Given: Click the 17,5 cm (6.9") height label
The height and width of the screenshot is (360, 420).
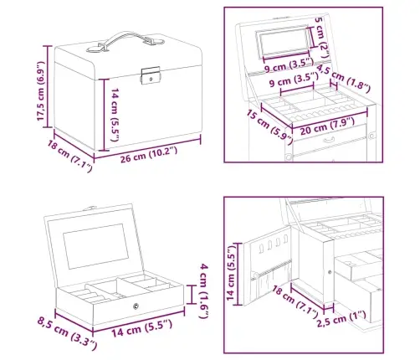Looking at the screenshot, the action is click(41, 91).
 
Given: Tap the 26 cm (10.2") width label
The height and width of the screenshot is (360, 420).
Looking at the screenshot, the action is click(149, 155).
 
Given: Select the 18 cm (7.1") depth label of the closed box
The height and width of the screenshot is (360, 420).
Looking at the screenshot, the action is click(69, 156).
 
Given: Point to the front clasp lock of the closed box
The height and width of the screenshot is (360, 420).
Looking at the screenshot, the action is click(151, 75).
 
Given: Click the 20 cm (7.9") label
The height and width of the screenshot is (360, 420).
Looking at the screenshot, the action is click(327, 126).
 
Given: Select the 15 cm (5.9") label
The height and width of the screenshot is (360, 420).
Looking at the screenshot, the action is click(269, 126).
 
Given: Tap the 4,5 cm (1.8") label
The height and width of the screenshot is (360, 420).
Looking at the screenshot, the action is click(344, 79).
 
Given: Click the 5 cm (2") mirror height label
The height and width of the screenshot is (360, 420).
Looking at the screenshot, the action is click(323, 39).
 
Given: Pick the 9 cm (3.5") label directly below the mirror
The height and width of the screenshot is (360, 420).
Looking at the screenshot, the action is click(289, 65).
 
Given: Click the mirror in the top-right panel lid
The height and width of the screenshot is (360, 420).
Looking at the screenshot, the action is click(284, 42).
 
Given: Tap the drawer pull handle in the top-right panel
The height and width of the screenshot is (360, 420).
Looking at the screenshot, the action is click(330, 139).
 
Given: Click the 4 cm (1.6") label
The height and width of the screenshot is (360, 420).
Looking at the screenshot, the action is click(204, 291).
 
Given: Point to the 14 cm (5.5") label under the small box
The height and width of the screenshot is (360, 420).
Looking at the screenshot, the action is click(142, 328).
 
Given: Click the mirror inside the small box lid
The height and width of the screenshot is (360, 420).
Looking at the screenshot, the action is click(96, 246).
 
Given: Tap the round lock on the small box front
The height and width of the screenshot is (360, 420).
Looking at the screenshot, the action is click(136, 306).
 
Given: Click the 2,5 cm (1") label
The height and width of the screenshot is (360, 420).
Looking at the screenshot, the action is click(341, 319).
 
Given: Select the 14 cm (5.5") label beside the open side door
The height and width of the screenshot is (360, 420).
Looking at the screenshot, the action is click(231, 273).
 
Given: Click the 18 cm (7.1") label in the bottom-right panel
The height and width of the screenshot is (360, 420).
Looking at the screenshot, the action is click(295, 302).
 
